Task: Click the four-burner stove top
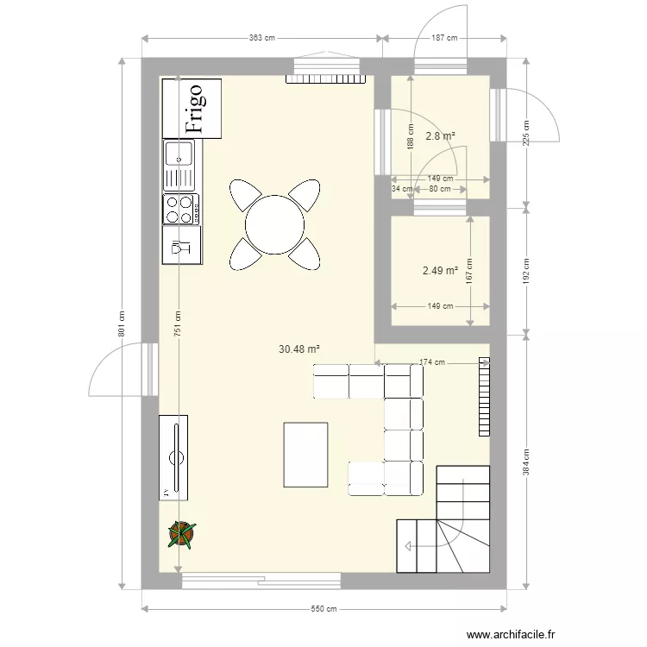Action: (x=181, y=209)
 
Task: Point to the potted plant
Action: (x=182, y=534)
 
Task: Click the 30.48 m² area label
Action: (x=299, y=349)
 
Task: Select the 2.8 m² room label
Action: (x=441, y=135)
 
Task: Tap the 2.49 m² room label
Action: (x=439, y=271)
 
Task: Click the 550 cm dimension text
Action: (x=323, y=610)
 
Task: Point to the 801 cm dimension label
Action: (x=122, y=323)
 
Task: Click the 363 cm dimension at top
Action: (x=261, y=38)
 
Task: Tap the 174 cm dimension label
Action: (x=433, y=363)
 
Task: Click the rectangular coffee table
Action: (x=305, y=455)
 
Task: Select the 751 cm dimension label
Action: (x=178, y=324)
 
